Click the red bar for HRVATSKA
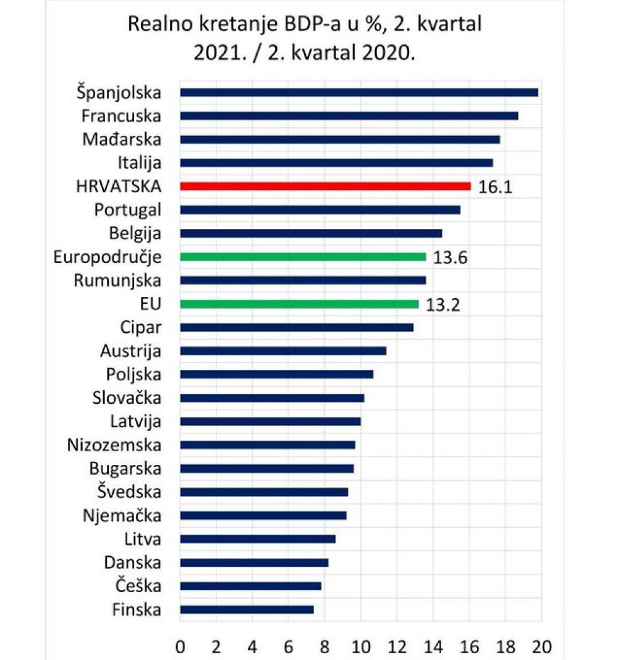point(325,186)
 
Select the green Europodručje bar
point(303,256)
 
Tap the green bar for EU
point(299,304)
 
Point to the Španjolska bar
point(358,93)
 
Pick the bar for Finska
point(247,609)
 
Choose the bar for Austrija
point(282,351)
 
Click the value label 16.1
point(496,186)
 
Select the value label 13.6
point(450,257)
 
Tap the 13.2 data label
point(443,304)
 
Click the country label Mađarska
point(122,140)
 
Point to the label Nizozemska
point(114,445)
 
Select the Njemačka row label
point(122,516)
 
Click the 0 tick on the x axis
point(180,647)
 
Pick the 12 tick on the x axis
point(397,647)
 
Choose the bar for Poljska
point(276,374)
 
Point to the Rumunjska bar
point(303,280)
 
